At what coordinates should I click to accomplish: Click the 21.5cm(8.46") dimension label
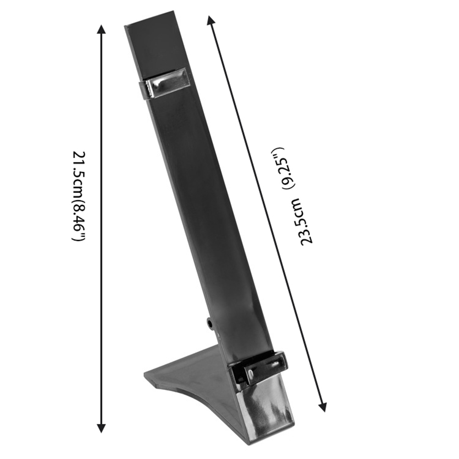pos(78,197)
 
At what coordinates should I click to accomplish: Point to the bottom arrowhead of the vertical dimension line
pos(101,427)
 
